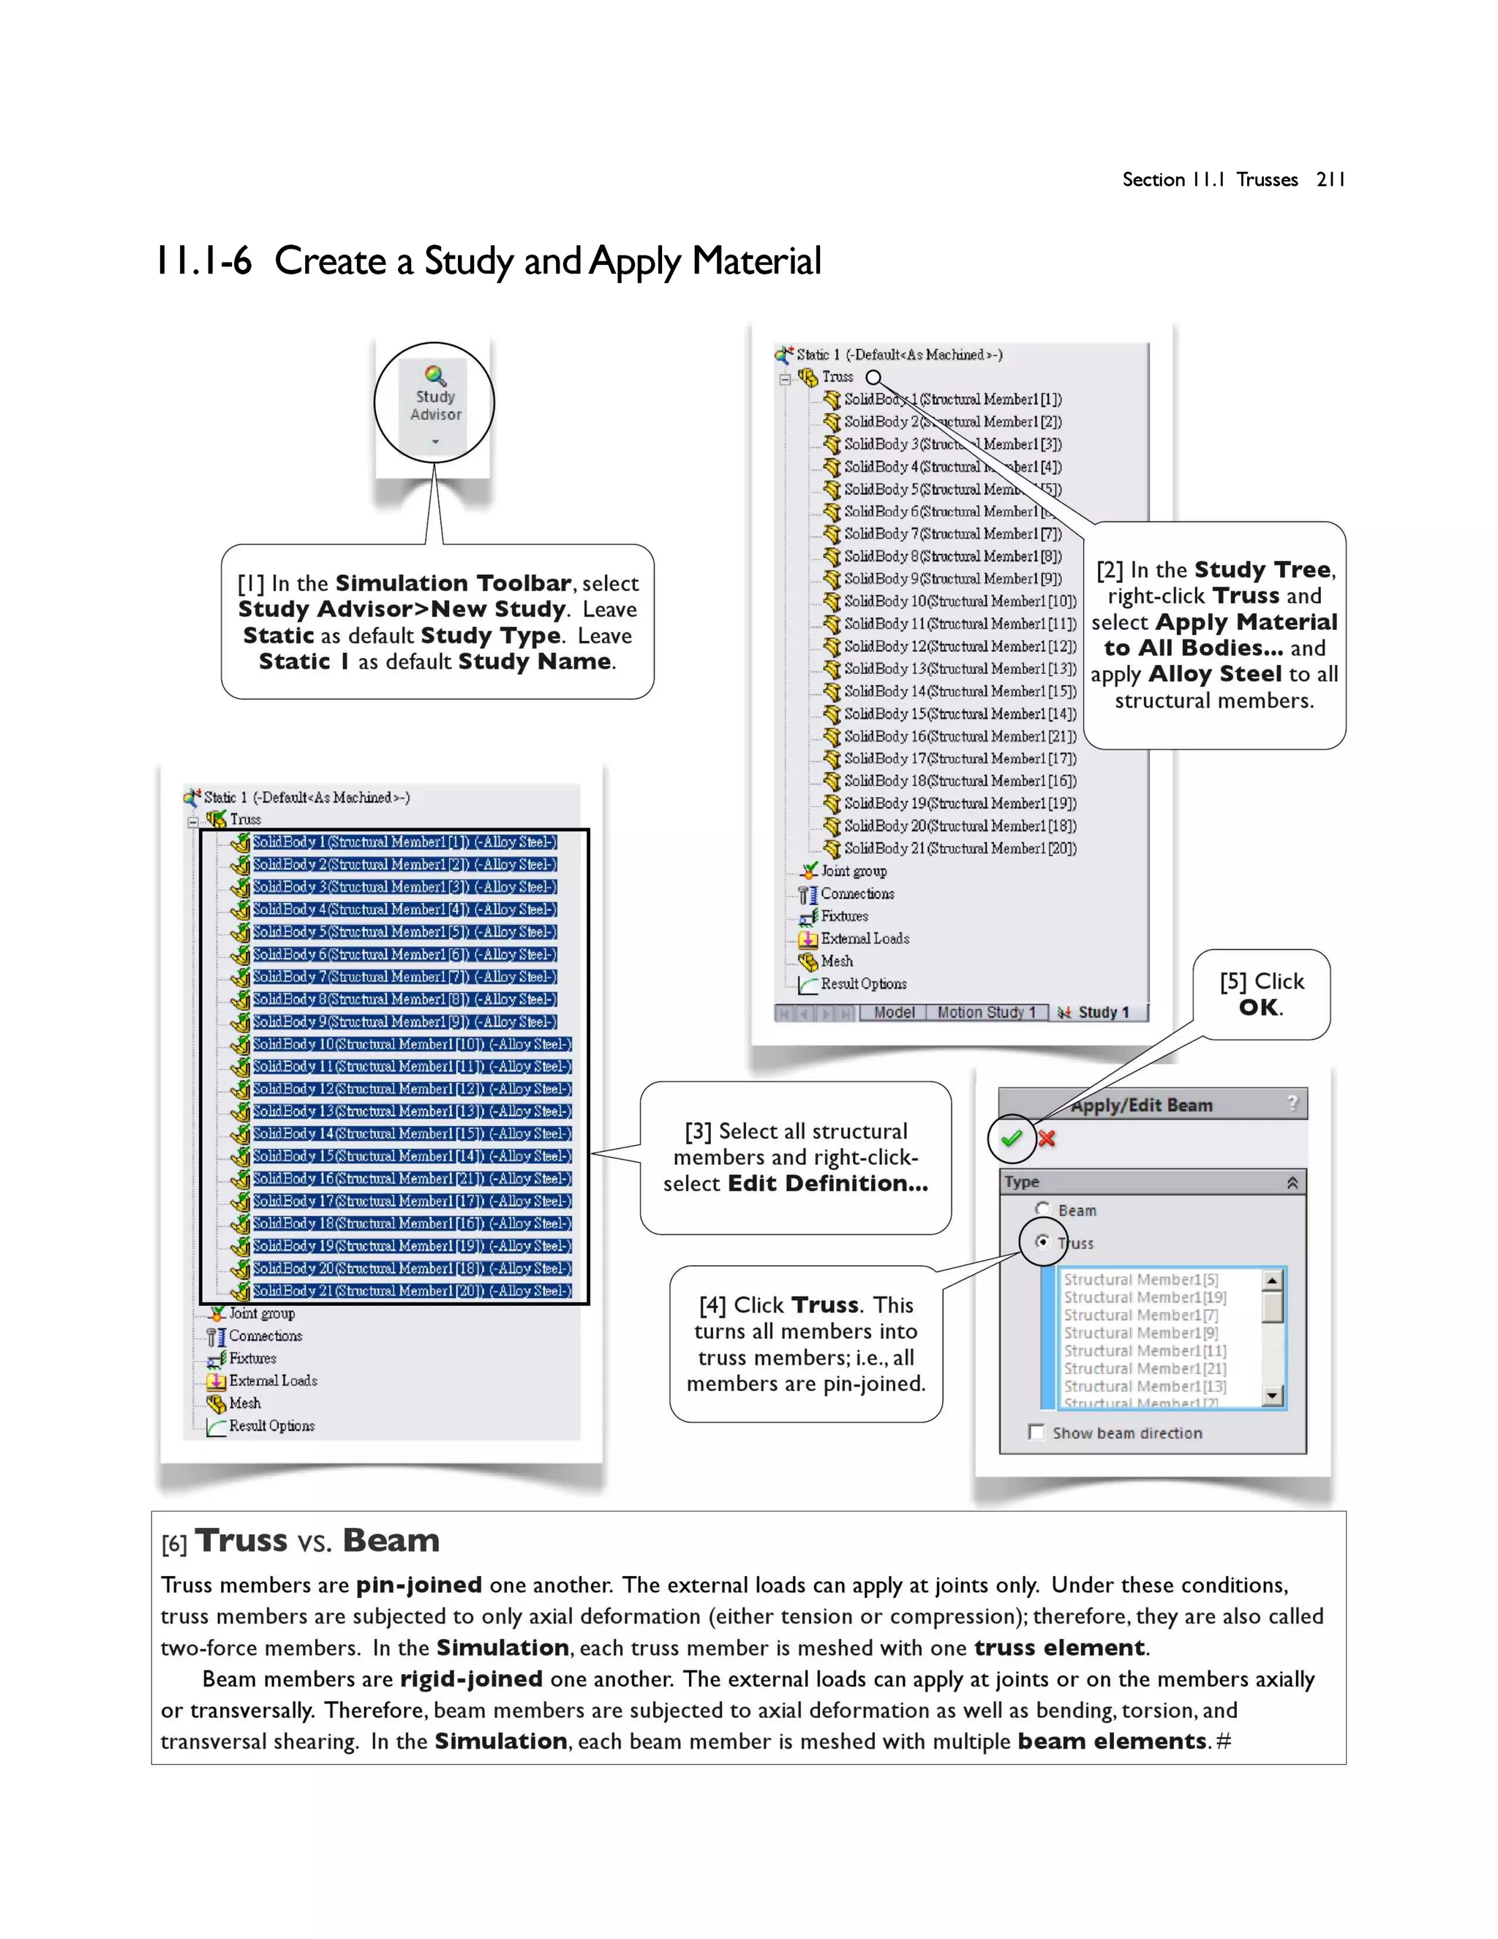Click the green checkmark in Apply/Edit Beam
pos(1011,1139)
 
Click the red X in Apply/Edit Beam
pos(1047,1139)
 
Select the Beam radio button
pos(1043,1209)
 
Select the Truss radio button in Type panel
pos(1043,1242)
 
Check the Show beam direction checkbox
pos(1036,1432)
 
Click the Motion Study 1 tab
pos(986,1012)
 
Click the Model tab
pos(894,1012)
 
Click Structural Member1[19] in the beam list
pos(1144,1297)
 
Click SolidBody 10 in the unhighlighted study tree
pos(958,601)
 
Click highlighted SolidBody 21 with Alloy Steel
pos(411,1291)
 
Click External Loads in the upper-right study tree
pos(864,939)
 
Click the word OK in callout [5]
pos(1260,1008)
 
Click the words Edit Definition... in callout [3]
pos(827,1183)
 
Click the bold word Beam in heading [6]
pos(391,1540)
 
